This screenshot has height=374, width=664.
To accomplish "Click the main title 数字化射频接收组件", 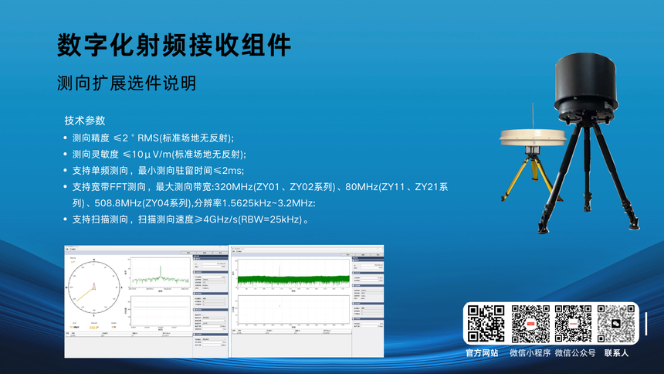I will (174, 44).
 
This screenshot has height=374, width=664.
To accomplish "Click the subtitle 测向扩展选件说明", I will (127, 83).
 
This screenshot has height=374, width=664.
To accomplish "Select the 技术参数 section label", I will (85, 121).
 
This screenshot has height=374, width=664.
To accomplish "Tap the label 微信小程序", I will (530, 353).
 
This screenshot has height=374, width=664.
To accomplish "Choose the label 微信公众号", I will (574, 353).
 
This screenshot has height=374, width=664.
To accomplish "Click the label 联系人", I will (616, 353).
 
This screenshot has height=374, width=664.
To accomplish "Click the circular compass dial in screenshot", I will (95, 285).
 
